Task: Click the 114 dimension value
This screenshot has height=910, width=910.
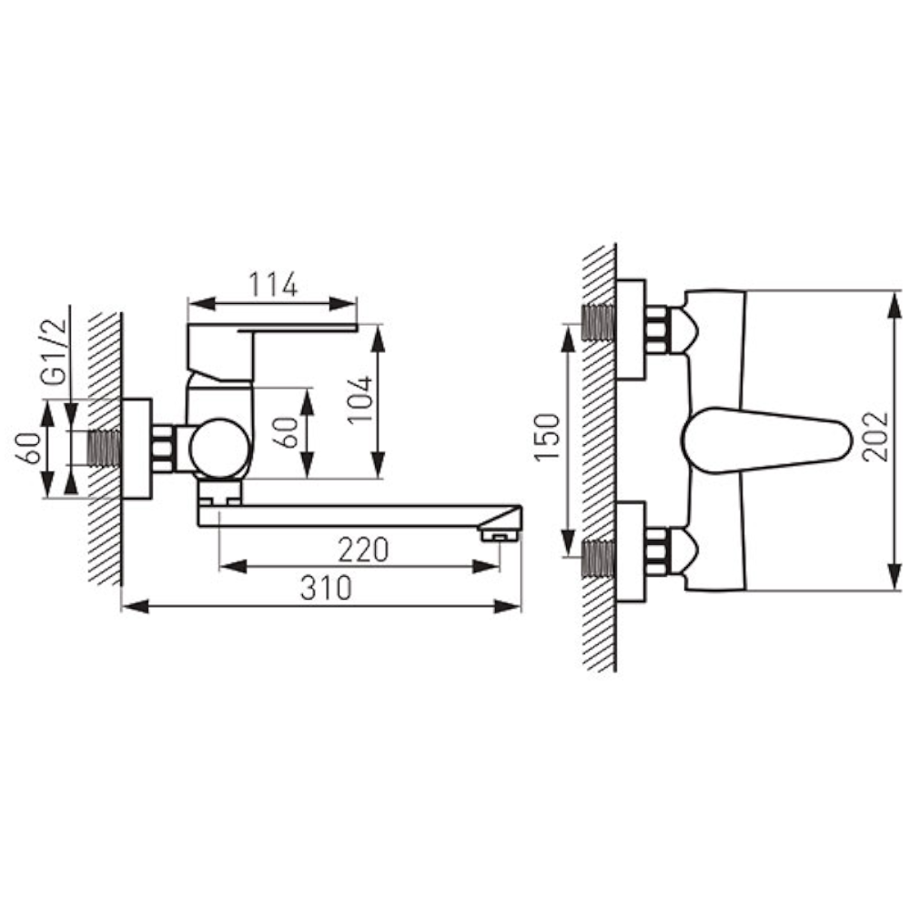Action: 273,284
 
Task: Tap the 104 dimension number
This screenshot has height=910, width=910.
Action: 359,399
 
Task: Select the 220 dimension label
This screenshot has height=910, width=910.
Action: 363,550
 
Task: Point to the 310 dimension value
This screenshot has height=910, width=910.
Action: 326,588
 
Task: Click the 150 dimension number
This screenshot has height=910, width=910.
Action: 547,437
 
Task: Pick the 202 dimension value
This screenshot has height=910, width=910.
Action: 875,437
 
